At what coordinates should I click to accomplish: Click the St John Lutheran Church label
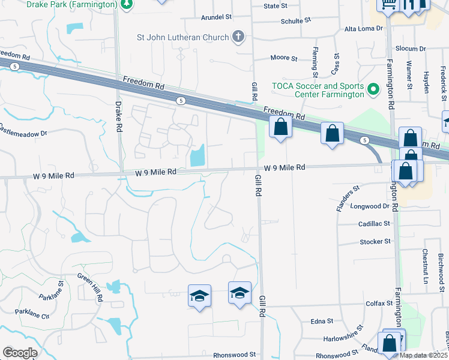183,37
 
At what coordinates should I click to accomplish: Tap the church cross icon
238,37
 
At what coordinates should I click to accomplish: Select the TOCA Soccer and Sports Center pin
373,90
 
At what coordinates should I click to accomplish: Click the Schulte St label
295,20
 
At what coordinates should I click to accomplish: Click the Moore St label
284,58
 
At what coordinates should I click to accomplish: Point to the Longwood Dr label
374,206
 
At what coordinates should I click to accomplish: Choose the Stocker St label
375,241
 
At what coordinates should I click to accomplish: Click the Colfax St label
379,304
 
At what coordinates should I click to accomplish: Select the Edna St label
318,322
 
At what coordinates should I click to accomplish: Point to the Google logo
20,353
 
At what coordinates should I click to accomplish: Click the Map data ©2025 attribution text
423,355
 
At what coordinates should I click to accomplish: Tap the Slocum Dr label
410,48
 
